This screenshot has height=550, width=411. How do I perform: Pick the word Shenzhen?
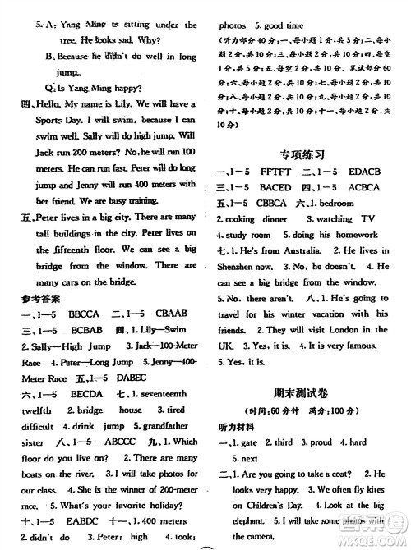[246, 268]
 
